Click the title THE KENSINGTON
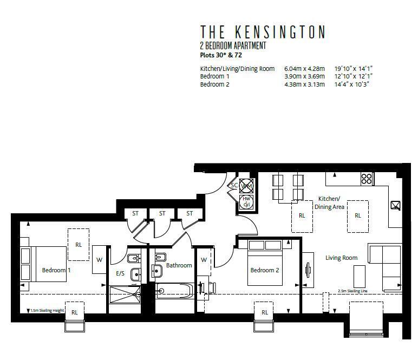click(263, 32)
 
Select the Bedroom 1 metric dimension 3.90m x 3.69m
click(304, 77)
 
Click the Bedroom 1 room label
click(56, 270)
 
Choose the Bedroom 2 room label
click(264, 270)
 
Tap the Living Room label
click(341, 258)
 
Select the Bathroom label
click(179, 265)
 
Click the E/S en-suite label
click(120, 273)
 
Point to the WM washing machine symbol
click(247, 186)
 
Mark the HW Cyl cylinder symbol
click(247, 201)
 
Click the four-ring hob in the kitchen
click(367, 179)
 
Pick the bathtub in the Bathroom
click(173, 291)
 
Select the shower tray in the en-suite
click(125, 295)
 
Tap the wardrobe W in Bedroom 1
click(99, 259)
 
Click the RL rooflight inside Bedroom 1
click(79, 245)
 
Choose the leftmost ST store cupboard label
click(135, 213)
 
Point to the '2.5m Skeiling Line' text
click(354, 291)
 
